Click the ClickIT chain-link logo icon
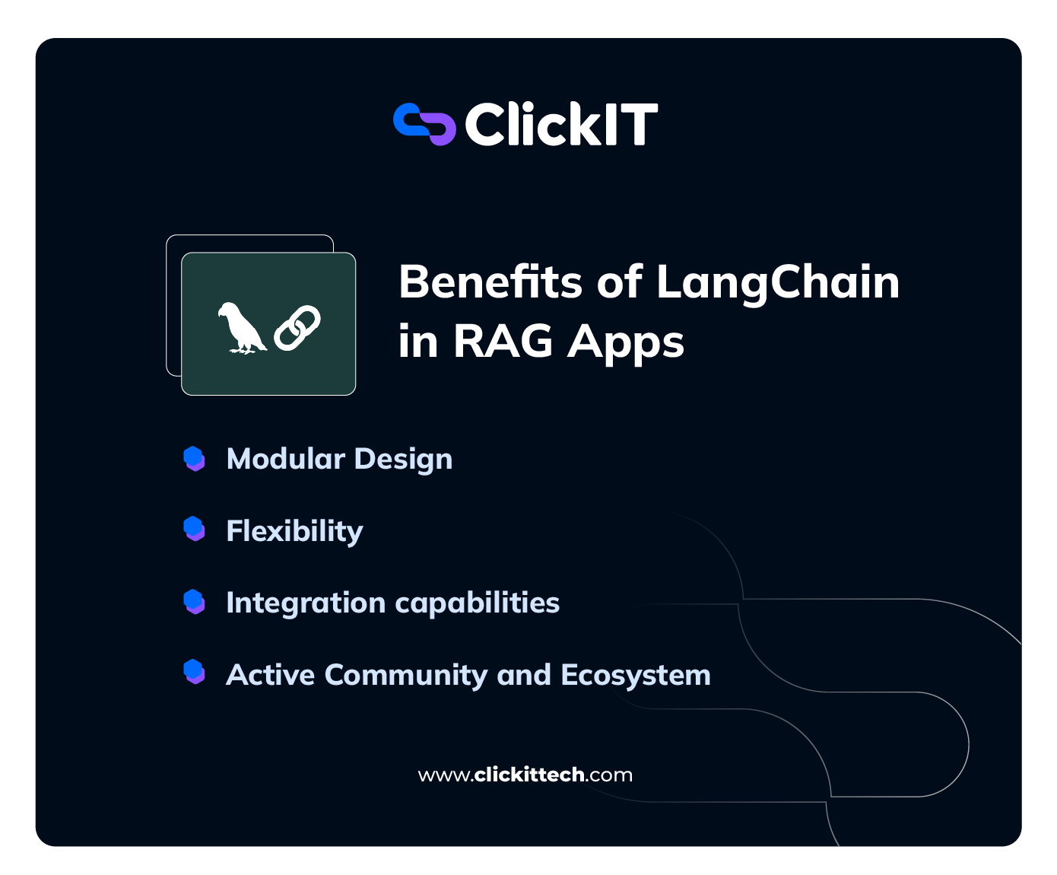pyautogui.click(x=424, y=124)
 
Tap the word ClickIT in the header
pyautogui.click(x=560, y=125)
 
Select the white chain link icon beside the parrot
pyautogui.click(x=297, y=328)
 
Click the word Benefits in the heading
pyautogui.click(x=490, y=282)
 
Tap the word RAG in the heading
pyautogui.click(x=503, y=341)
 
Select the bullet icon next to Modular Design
pyautogui.click(x=195, y=459)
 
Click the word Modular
pyautogui.click(x=286, y=459)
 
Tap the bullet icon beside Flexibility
pyautogui.click(x=195, y=529)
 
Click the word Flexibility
pyautogui.click(x=294, y=531)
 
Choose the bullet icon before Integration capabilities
pyautogui.click(x=195, y=601)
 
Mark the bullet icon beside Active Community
pyautogui.click(x=195, y=672)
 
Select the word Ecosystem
pyautogui.click(x=635, y=676)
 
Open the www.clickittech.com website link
pyautogui.click(x=525, y=775)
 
